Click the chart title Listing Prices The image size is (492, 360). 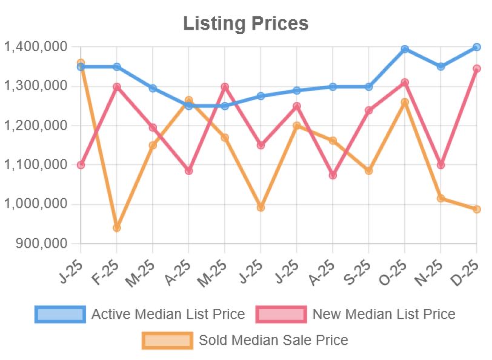[246, 24]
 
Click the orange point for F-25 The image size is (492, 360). [116, 228]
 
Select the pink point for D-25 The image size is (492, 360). [477, 69]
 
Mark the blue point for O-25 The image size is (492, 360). [405, 48]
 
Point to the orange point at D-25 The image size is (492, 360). [477, 210]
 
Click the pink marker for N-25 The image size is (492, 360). [440, 165]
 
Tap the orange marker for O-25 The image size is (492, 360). [405, 102]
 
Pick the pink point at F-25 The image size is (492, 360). [116, 87]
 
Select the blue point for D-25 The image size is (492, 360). [477, 47]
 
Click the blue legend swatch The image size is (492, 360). [59, 314]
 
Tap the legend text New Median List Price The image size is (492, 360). [383, 314]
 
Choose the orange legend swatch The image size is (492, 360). [167, 340]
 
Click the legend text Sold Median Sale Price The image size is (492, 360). [273, 340]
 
